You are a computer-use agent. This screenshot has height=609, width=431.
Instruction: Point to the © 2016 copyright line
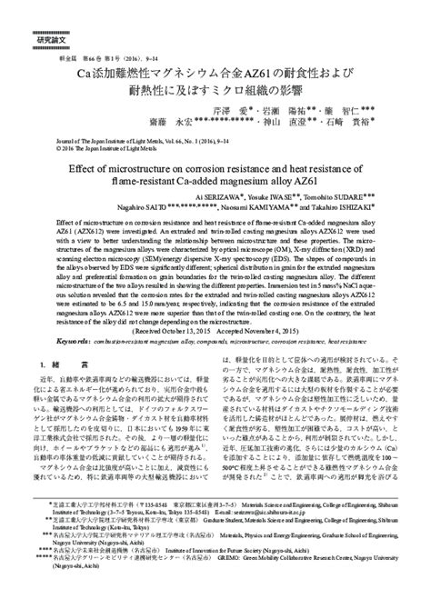(x=105, y=147)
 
